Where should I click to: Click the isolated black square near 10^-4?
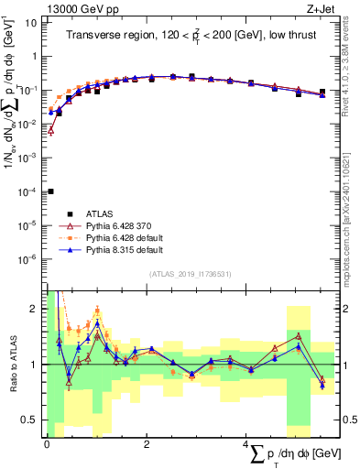[50, 191]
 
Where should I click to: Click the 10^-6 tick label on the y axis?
[29, 259]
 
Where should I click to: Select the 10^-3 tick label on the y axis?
[29, 158]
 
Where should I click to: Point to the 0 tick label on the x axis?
[47, 444]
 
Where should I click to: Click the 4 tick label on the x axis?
[246, 444]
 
